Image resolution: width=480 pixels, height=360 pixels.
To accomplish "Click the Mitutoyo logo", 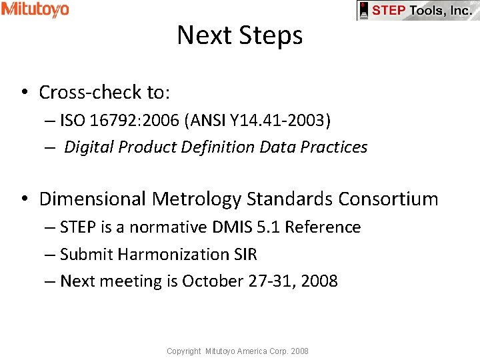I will pos(35,9).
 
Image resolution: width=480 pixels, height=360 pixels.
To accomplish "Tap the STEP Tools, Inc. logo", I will pos(418,11).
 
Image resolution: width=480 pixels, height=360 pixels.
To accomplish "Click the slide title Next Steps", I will pos(240,35).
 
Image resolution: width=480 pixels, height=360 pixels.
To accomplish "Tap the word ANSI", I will pos(206,121).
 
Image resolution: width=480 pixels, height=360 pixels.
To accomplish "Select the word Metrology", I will pos(197,199).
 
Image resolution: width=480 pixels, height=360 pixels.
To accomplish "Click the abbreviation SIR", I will pos(245,255).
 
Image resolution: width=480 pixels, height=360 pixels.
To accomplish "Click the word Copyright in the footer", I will pos(184,351).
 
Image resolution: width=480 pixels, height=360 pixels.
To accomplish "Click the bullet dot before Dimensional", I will pos(23,199).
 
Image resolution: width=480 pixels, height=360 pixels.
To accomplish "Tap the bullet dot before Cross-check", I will pos(23,93).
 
